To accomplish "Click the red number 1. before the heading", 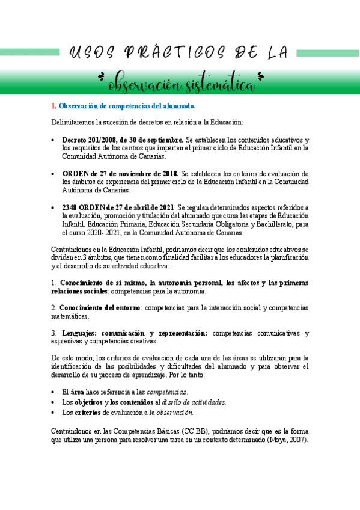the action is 53,106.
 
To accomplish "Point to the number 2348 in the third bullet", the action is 71,207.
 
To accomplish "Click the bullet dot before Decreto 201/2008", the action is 54,140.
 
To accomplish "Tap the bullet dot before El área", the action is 54,392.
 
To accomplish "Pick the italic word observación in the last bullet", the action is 175,413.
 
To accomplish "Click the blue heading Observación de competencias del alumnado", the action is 127,106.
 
